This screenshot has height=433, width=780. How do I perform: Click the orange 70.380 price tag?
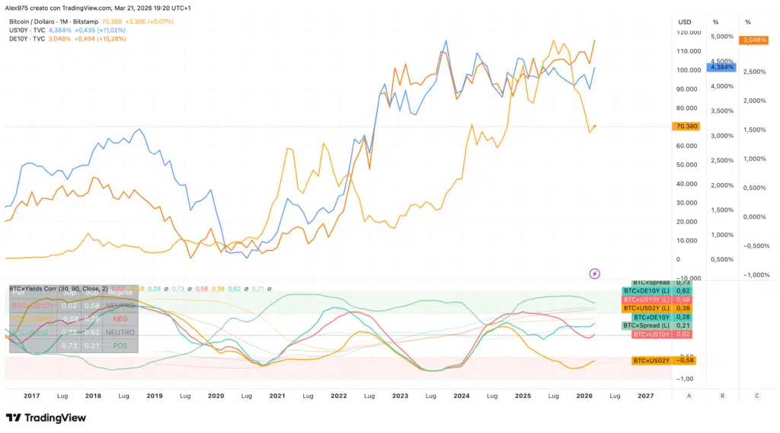point(686,127)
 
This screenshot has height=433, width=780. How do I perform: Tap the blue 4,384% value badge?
point(721,67)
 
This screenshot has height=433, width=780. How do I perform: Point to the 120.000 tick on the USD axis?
point(689,33)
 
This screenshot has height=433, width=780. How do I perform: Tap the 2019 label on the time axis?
point(154,396)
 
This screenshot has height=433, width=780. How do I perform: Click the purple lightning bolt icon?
point(595,273)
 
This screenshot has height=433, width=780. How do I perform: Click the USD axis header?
point(685,21)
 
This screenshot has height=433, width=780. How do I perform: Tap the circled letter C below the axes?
point(756,396)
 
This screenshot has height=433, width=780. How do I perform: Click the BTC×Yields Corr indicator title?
point(38,289)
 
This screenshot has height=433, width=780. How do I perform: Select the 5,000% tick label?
point(721,37)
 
